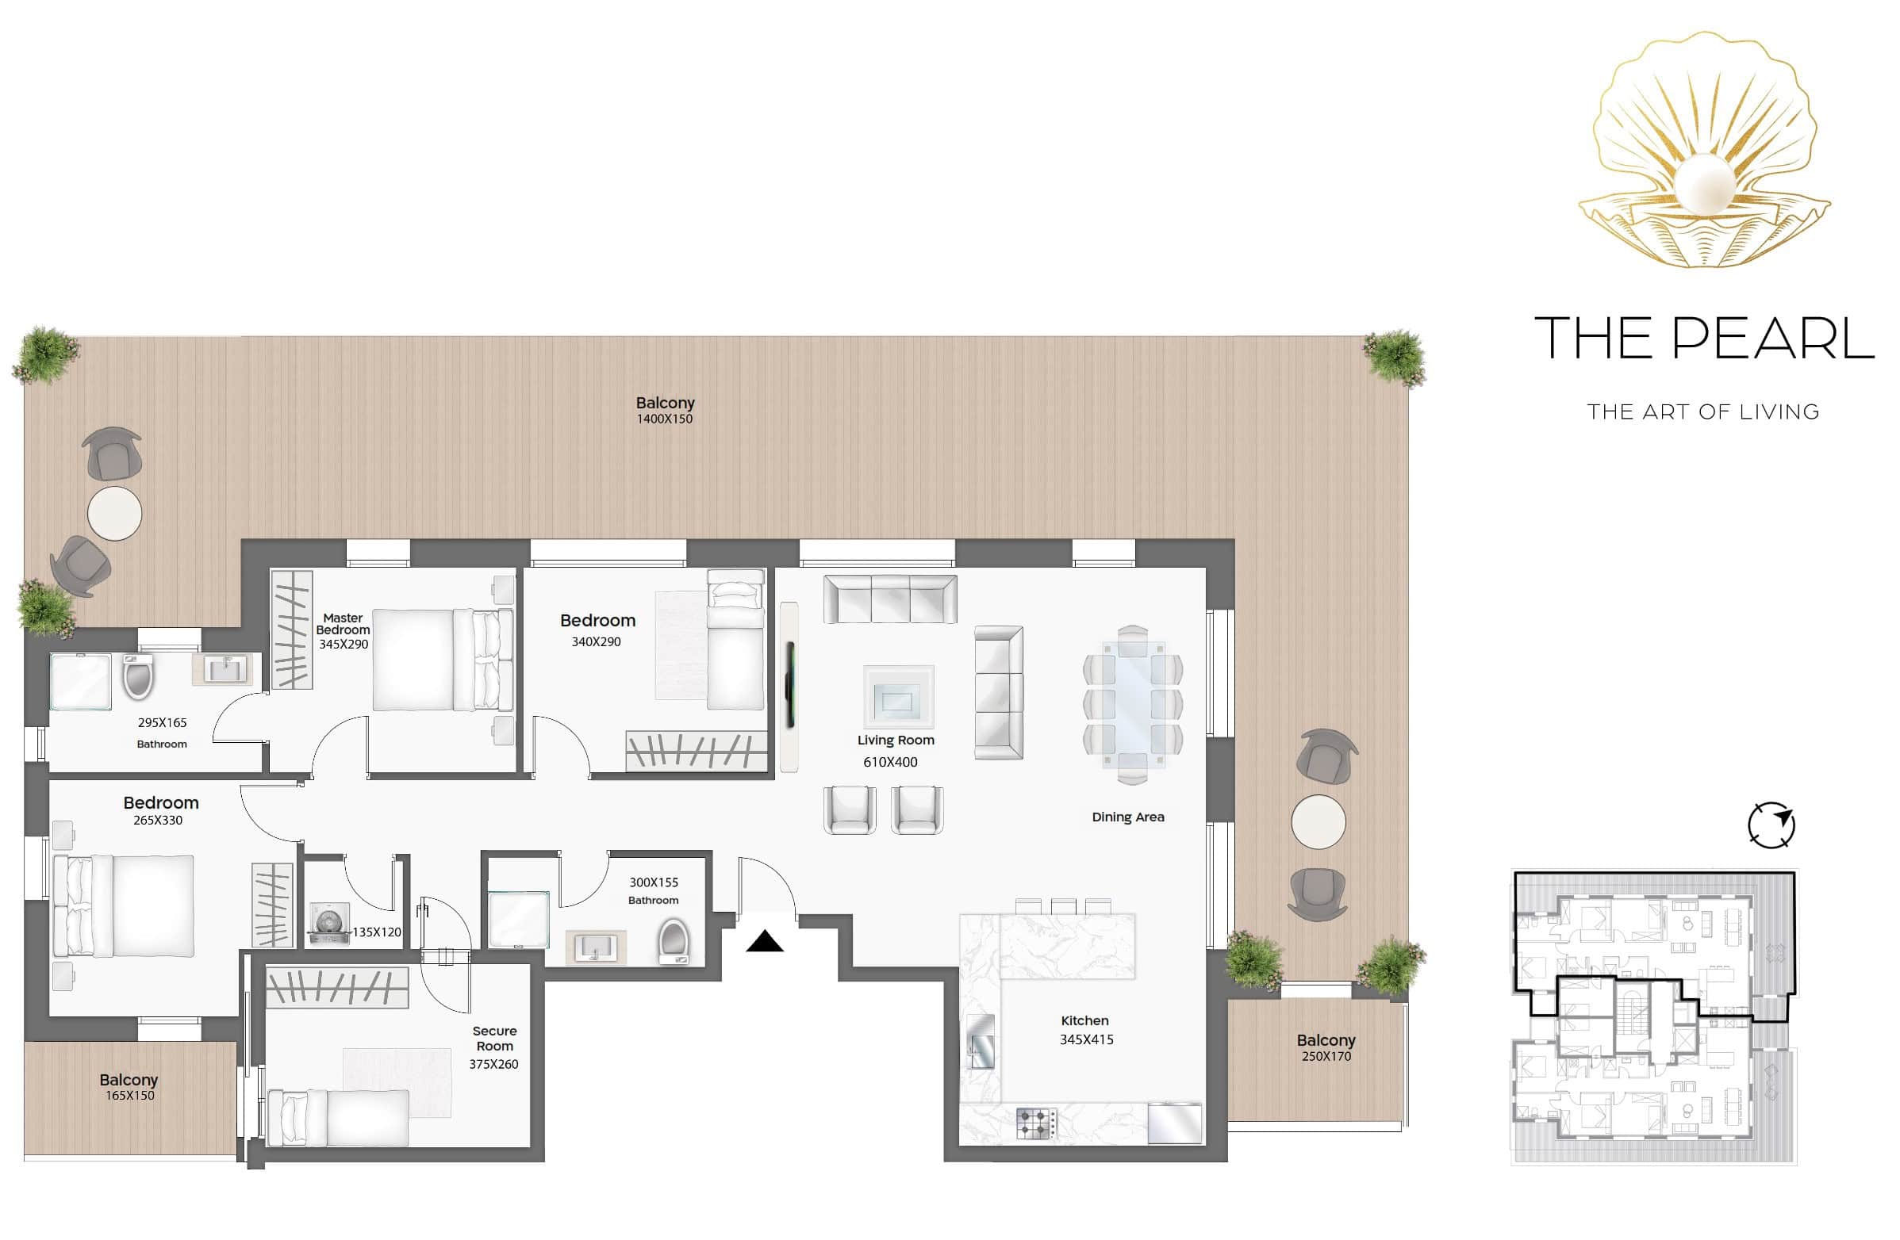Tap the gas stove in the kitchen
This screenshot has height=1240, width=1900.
(x=1036, y=1123)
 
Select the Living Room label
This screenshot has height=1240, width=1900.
(x=896, y=741)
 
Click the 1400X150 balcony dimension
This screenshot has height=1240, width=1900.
(x=664, y=419)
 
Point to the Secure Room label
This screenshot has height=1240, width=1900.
(x=495, y=1038)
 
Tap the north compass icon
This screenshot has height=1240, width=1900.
(x=1771, y=825)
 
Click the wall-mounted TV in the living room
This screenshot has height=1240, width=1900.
(x=790, y=685)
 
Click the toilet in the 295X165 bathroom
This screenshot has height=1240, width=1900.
(x=139, y=677)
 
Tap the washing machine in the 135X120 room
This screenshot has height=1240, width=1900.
(x=329, y=923)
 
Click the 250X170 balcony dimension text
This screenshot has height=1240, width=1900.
(x=1326, y=1057)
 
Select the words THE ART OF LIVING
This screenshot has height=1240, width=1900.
(x=1702, y=411)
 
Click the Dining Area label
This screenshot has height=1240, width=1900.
(x=1128, y=817)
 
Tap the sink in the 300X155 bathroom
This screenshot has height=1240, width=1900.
(x=596, y=948)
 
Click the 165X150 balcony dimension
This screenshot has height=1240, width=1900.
(x=130, y=1096)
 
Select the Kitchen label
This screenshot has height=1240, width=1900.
(x=1085, y=1020)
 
